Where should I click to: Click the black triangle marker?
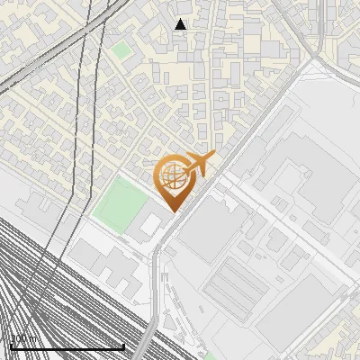181,24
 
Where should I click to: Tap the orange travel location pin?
175,180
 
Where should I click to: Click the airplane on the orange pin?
198,163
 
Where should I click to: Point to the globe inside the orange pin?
175,177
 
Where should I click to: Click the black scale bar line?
67,347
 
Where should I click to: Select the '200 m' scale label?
22,339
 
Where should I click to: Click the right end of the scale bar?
123,347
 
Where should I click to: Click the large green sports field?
117,203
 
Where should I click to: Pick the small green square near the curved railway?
121,50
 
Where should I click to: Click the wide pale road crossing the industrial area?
288,225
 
